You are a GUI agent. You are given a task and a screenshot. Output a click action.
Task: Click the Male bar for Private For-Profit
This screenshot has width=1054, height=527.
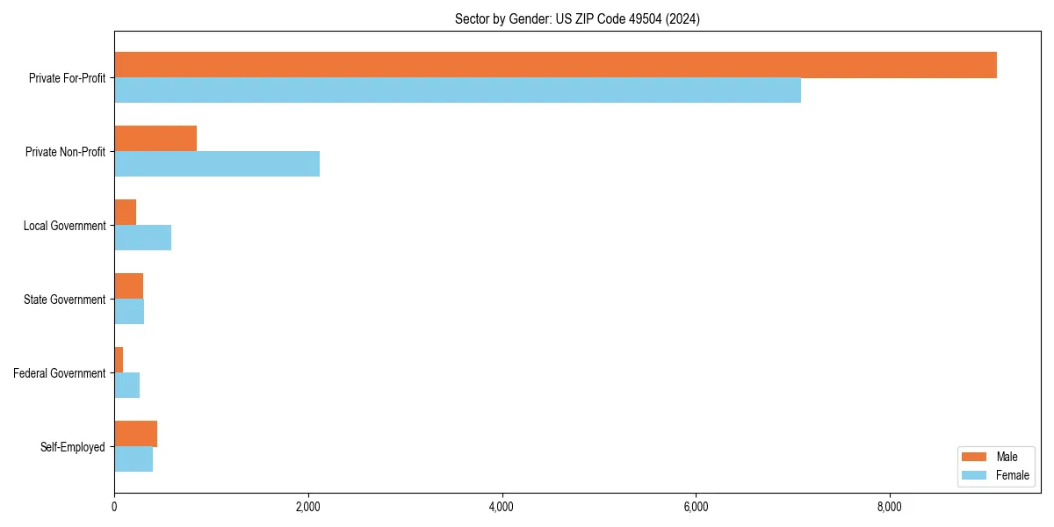pos(555,65)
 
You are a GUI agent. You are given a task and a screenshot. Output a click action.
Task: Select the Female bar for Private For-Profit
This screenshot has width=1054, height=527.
pos(458,90)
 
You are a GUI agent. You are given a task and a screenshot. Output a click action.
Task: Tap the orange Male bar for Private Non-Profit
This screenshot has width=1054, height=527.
pos(155,139)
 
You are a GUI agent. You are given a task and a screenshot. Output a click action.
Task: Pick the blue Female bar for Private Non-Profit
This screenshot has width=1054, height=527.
pos(217,164)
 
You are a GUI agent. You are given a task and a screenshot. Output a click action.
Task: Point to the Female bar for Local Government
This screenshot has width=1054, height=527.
pos(142,238)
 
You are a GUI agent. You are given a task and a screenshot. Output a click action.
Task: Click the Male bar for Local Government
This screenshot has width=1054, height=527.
pos(125,213)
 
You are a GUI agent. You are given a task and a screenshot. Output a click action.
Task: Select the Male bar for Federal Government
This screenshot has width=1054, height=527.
pos(119,360)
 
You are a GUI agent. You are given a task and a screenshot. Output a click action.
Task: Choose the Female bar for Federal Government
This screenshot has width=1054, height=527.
pos(126,386)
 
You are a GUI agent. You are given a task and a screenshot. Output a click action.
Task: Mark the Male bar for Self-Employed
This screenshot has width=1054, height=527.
pos(135,434)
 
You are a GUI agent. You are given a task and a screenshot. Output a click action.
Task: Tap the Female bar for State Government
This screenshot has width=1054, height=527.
pos(129,312)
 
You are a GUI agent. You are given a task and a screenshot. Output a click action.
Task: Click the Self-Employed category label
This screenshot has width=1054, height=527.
pos(73,447)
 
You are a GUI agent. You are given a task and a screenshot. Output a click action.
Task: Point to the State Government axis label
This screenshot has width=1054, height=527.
pos(65,300)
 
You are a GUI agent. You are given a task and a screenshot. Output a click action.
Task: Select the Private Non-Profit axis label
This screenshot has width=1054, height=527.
pos(66,152)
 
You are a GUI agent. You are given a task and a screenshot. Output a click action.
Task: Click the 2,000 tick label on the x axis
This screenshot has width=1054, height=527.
pos(307,507)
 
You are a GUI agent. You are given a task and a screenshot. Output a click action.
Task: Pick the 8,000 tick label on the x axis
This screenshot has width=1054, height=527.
pos(889,507)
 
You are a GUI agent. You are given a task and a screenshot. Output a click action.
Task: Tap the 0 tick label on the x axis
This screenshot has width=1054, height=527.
pos(114,507)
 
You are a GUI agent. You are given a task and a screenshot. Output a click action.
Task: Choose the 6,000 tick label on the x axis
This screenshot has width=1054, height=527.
pos(695,507)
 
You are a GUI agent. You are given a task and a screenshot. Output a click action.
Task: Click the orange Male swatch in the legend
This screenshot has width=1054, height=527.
pos(975,457)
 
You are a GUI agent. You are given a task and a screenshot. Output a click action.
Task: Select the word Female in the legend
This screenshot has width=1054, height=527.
pos(1013,475)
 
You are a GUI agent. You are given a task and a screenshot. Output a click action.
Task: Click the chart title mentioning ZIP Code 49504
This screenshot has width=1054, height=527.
pos(577,18)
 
